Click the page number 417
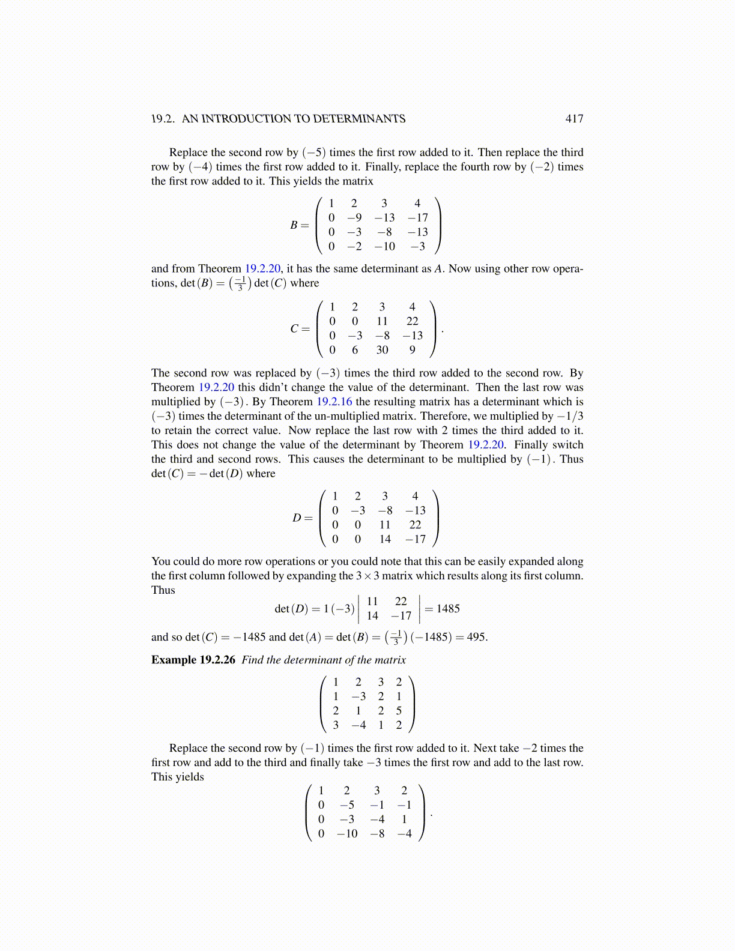pos(574,119)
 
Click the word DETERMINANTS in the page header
pos(359,119)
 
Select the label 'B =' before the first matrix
pos(299,225)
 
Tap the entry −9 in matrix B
pos(354,218)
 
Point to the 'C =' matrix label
pos(300,329)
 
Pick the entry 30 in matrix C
pos(382,350)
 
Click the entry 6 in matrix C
pos(355,350)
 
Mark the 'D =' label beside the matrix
pos(302,518)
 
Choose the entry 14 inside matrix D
pos(385,539)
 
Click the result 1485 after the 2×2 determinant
pos(448,609)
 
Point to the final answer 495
pos(476,637)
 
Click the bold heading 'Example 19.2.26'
pos(193,660)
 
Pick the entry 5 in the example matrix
pos(399,711)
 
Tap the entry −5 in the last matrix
pos(346,805)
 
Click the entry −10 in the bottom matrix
pos(346,834)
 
